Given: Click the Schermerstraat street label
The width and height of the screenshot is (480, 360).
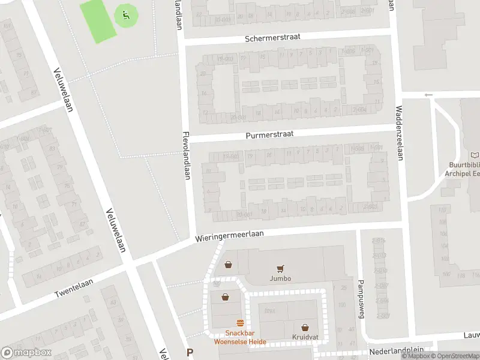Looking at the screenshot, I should pyautogui.click(x=272, y=37).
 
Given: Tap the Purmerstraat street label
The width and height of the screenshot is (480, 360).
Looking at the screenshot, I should pyautogui.click(x=269, y=135).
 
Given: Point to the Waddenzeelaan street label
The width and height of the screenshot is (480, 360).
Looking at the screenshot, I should pyautogui.click(x=399, y=133).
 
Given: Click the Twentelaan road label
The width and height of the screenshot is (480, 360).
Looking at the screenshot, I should pyautogui.click(x=71, y=290).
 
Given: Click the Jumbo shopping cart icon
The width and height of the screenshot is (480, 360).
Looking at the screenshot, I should pyautogui.click(x=280, y=269).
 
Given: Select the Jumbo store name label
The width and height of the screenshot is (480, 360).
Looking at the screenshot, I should pyautogui.click(x=280, y=279).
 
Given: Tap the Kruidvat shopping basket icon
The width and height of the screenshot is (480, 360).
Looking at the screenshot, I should pyautogui.click(x=305, y=328).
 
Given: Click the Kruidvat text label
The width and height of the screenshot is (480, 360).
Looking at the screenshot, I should pyautogui.click(x=305, y=337).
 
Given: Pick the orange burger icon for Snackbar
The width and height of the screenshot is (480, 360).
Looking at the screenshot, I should pyautogui.click(x=240, y=322).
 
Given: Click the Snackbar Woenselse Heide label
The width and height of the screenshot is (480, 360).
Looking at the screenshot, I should pyautogui.click(x=240, y=338).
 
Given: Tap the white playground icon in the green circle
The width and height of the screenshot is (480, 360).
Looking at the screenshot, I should pyautogui.click(x=125, y=14).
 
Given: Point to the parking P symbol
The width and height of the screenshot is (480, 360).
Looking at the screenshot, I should pyautogui.click(x=190, y=353).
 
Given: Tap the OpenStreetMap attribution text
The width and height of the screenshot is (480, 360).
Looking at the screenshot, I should pyautogui.click(x=457, y=356).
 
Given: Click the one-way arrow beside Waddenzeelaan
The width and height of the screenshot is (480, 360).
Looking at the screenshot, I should pyautogui.click(x=428, y=95).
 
